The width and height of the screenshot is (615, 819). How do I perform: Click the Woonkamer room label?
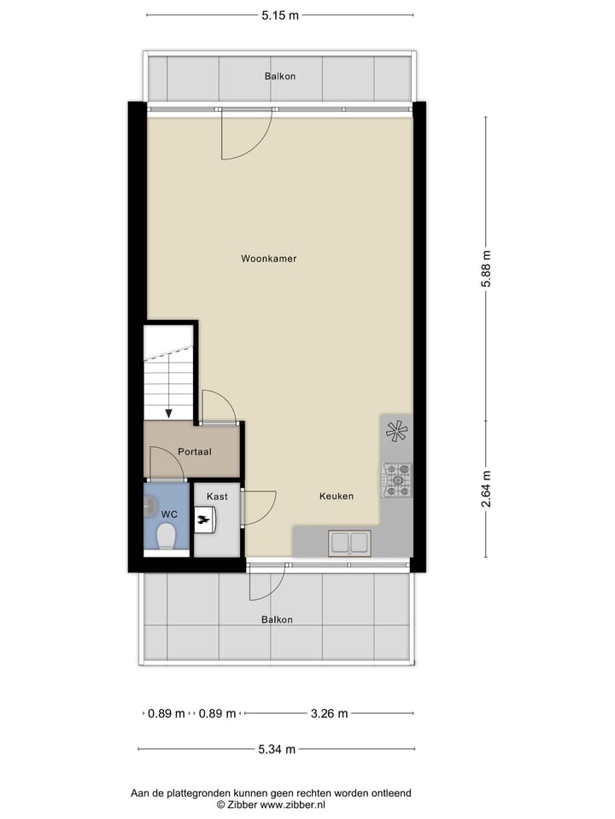[268, 258]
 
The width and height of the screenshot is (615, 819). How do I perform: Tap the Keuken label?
[337, 496]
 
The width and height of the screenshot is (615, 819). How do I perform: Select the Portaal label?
[195, 451]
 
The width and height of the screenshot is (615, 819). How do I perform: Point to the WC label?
[168, 514]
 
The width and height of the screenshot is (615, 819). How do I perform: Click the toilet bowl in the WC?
[166, 537]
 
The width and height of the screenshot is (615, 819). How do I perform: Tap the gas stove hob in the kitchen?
[396, 479]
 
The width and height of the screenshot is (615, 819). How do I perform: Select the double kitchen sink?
[350, 542]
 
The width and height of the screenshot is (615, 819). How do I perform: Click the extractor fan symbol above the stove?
[396, 432]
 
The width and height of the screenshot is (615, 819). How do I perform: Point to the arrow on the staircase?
[168, 411]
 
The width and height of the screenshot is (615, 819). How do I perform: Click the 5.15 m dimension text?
[280, 15]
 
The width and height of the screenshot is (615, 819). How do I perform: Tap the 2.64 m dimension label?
[487, 490]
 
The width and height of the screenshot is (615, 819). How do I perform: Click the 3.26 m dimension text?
[329, 714]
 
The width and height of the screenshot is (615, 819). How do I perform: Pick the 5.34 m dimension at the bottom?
[277, 750]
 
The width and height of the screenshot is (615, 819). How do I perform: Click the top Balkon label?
[280, 77]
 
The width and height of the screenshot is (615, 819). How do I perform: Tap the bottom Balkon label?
[277, 619]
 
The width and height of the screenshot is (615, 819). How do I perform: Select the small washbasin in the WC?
[149, 505]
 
